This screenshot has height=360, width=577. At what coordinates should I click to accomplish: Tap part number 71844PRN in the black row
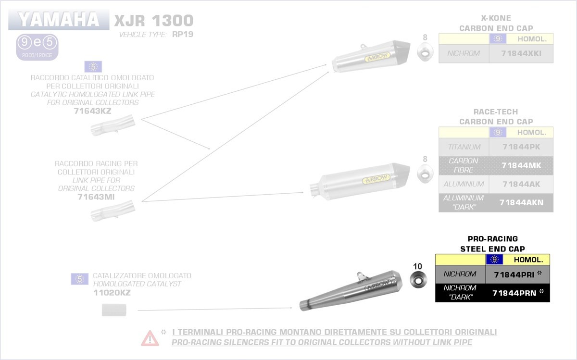point(514,292)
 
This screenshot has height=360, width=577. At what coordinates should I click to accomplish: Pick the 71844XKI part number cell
point(521,53)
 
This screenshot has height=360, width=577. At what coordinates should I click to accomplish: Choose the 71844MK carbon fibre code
point(521,165)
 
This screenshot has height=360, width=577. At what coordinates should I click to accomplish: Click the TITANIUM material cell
point(464,147)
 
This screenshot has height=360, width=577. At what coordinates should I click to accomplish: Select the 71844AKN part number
point(521,202)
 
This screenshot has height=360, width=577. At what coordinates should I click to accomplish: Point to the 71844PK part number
point(521,147)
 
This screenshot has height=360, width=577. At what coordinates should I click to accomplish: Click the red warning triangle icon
point(150,338)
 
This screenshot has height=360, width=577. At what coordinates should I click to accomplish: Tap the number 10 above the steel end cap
point(417,266)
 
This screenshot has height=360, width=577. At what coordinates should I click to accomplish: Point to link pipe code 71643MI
point(96,197)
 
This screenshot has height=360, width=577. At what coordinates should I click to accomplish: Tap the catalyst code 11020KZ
point(112,292)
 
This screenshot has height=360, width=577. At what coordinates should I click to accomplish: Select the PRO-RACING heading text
point(492,239)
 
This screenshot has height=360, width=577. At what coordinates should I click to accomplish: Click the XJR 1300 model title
point(153,21)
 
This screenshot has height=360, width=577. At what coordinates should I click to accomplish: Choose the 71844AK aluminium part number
point(521,184)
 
